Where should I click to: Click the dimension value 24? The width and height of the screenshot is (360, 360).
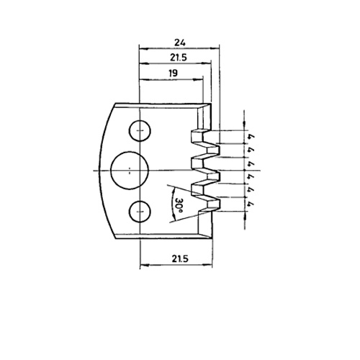[x=180, y=42]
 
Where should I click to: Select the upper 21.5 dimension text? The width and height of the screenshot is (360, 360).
[x=179, y=58]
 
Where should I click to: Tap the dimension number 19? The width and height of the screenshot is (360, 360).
[x=173, y=73]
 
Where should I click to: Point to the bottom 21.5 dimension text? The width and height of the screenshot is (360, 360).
[x=180, y=258]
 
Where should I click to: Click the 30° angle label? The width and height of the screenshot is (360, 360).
[x=179, y=204]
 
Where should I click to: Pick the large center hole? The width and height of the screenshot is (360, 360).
[x=130, y=171]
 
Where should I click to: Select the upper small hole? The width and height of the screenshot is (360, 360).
[x=140, y=130]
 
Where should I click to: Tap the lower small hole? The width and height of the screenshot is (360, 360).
[x=140, y=211]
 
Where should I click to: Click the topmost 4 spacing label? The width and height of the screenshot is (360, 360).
[x=251, y=137]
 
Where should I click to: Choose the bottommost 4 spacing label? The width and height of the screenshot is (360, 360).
[x=251, y=204]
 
